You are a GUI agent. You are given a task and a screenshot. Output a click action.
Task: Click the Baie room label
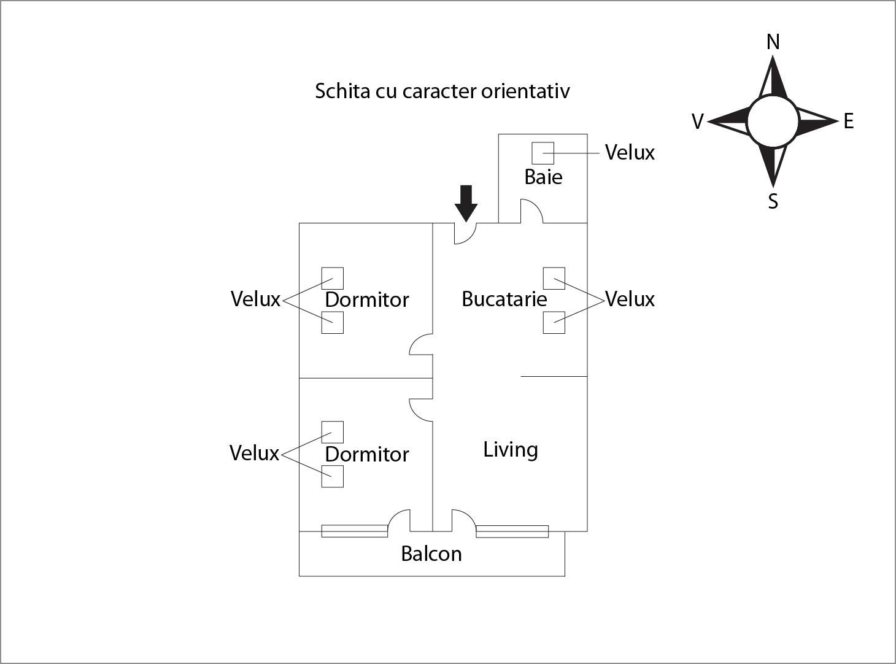543,177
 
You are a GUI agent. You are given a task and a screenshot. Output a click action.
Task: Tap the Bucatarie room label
504,299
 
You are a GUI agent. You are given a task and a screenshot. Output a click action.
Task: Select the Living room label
511,449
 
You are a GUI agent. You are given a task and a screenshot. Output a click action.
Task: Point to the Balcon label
431,554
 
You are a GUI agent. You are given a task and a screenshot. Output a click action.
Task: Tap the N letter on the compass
773,42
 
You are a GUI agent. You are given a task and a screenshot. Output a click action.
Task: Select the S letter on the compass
773,201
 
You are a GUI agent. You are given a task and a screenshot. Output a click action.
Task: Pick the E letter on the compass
848,121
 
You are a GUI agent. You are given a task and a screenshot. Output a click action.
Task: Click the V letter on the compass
697,122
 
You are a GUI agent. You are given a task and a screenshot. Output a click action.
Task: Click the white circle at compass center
773,122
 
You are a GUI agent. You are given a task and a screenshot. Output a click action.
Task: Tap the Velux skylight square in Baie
543,153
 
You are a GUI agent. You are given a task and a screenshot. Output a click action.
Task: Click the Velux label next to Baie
630,152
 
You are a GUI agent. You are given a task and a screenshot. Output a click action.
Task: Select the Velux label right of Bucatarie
630,299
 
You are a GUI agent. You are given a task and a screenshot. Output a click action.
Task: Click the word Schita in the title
342,91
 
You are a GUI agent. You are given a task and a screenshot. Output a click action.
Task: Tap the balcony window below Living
512,531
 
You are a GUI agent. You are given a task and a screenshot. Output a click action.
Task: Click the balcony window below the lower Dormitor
355,531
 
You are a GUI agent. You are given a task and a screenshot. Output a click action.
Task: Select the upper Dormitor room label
366,299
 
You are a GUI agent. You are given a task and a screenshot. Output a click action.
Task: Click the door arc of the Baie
532,210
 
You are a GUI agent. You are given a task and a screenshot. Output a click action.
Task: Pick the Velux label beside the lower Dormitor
254,453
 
